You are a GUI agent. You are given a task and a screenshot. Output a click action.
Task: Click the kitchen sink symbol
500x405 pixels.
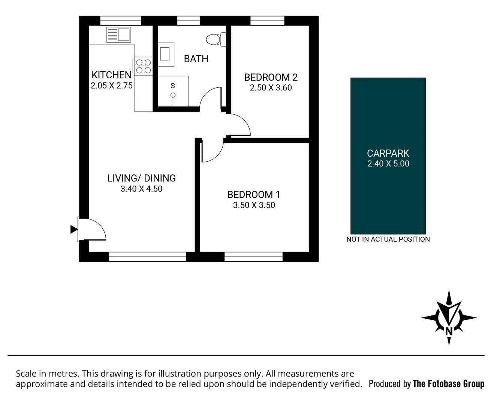tap(118, 35)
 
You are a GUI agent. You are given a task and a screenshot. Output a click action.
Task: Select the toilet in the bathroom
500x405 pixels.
tap(217, 39)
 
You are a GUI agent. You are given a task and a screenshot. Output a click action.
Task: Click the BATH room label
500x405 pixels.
tap(196, 59)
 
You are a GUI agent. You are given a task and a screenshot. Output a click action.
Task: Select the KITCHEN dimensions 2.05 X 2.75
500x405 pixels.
tap(112, 85)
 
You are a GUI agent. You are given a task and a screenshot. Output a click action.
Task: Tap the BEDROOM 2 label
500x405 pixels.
tap(271, 77)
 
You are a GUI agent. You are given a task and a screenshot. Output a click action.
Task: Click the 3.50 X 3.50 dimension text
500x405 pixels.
tap(254, 205)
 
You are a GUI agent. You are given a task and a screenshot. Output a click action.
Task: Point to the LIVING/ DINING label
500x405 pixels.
tap(141, 178)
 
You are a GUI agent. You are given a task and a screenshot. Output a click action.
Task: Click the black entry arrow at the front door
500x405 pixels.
tap(74, 229)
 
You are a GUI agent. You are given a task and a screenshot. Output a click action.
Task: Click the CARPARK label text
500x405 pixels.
tap(388, 153)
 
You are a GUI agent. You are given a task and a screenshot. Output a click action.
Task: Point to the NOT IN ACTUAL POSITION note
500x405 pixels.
tap(388, 239)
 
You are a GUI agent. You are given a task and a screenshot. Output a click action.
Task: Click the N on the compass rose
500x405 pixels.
tap(449, 331)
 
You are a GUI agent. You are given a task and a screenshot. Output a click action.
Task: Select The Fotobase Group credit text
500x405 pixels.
tap(448, 384)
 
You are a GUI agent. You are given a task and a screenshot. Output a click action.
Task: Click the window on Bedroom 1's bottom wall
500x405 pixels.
tap(253, 256)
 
